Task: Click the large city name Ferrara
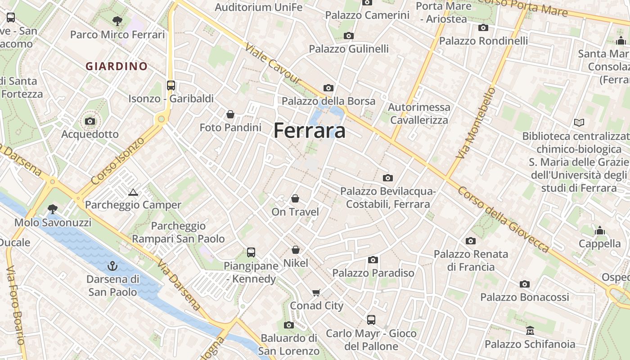(310, 130)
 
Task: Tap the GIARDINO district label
(117, 66)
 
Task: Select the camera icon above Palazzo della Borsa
(328, 88)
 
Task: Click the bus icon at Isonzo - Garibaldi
(171, 85)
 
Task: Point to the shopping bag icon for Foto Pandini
(230, 114)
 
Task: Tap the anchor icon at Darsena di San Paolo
(112, 266)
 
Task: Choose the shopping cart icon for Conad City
(316, 292)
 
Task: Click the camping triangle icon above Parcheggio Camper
(133, 193)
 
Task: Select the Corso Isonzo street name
(118, 160)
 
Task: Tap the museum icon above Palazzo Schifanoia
(530, 331)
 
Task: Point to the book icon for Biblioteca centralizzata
(579, 122)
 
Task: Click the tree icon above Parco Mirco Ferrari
(117, 21)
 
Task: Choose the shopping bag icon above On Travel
(295, 198)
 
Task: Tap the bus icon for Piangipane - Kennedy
(251, 252)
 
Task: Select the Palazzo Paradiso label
(373, 273)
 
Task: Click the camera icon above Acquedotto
(90, 121)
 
